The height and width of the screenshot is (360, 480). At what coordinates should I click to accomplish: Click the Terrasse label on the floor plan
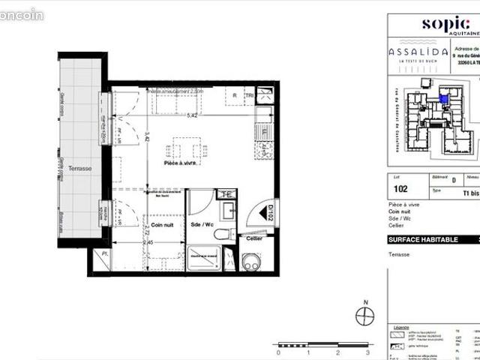point(79,169)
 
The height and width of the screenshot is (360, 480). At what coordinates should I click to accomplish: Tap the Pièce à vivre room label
point(181,163)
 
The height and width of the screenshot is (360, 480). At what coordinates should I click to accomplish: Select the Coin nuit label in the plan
point(163,224)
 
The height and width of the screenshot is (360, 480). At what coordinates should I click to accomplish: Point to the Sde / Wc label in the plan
point(203,224)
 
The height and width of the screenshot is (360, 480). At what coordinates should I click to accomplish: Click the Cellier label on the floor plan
point(253,238)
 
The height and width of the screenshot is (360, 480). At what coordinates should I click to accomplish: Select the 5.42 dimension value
point(192,115)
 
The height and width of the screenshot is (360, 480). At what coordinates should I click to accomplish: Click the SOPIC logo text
point(445,23)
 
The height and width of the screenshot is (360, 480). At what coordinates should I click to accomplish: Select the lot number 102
point(400,188)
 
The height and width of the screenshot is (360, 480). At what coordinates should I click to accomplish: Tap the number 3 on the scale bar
point(368,351)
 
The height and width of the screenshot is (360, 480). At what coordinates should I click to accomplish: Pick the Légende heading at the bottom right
point(400,328)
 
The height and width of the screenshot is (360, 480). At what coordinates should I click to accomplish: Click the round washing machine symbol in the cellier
point(250,262)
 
